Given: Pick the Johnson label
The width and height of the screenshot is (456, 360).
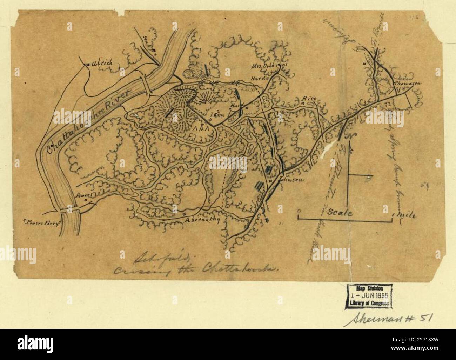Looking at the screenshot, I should (x=290, y=180).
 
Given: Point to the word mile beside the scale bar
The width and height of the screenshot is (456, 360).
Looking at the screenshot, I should (x=407, y=215).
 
